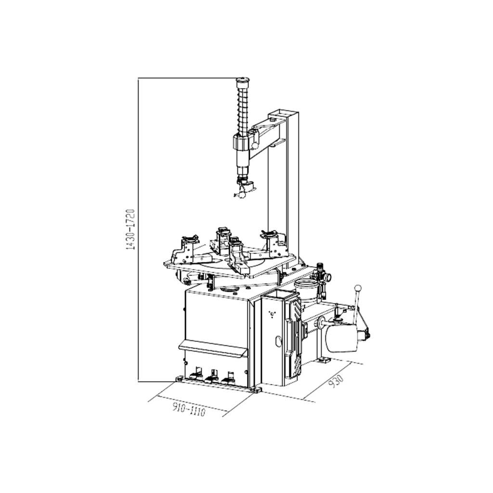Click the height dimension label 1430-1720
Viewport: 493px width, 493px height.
click(x=130, y=229)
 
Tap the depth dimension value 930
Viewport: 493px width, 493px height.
click(x=336, y=381)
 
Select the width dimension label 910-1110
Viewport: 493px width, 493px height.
click(x=189, y=410)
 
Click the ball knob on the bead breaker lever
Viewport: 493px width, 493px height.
click(x=358, y=288)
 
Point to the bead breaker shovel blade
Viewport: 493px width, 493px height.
click(x=341, y=338)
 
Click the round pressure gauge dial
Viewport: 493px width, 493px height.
click(x=327, y=277)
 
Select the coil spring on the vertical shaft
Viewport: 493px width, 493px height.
click(x=243, y=110)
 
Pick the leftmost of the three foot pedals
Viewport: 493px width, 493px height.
click(x=197, y=374)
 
